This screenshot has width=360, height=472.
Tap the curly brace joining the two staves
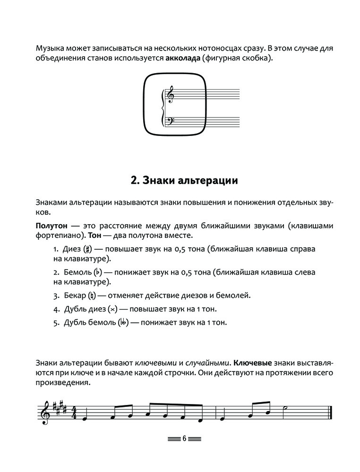click(163, 108)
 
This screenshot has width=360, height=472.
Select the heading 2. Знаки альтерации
click(184, 180)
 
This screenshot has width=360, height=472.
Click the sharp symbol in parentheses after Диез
click(87, 249)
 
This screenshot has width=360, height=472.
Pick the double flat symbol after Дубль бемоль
click(123, 323)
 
